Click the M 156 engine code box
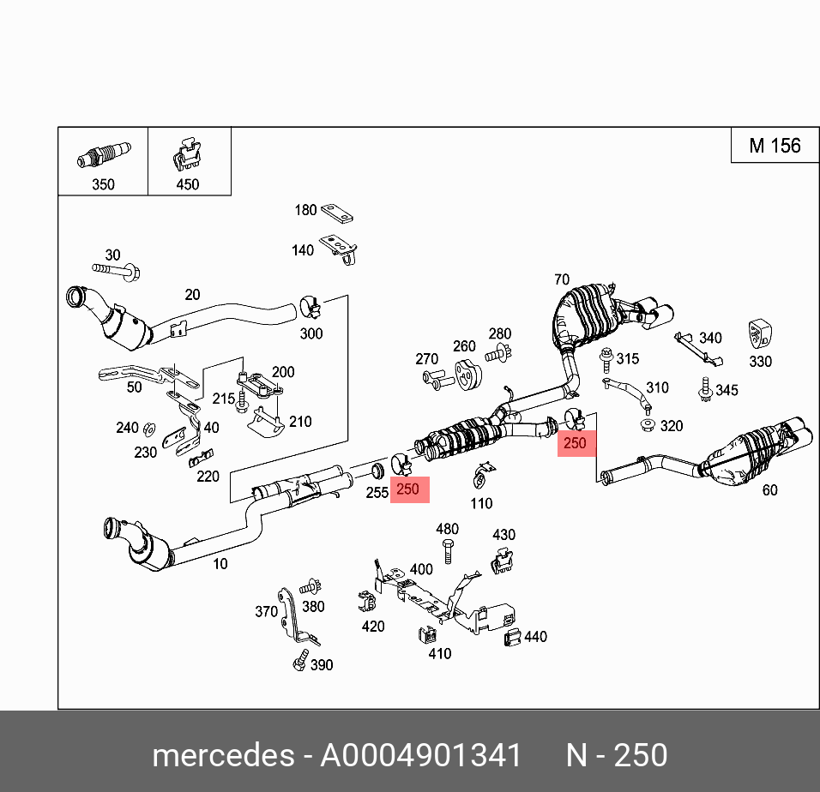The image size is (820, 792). pyautogui.click(x=774, y=146)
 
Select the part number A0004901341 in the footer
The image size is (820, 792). pyautogui.click(x=420, y=756)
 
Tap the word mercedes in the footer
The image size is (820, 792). pyautogui.click(x=222, y=756)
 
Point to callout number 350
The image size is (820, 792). pyautogui.click(x=103, y=184)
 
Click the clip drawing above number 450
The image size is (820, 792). pyautogui.click(x=188, y=155)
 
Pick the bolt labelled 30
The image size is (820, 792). pyautogui.click(x=116, y=272)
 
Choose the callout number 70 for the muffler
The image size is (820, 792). pyautogui.click(x=561, y=279)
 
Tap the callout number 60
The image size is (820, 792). pyautogui.click(x=769, y=490)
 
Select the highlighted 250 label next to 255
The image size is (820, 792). pyautogui.click(x=408, y=489)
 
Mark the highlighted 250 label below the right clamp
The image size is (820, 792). pyautogui.click(x=575, y=443)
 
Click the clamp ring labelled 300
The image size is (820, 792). pyautogui.click(x=310, y=304)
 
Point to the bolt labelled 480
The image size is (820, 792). pyautogui.click(x=447, y=550)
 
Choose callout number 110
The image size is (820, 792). pyautogui.click(x=481, y=504)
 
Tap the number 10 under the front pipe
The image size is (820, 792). pyautogui.click(x=220, y=563)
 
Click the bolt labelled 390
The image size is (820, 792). pyautogui.click(x=299, y=663)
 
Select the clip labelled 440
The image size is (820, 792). pyautogui.click(x=513, y=636)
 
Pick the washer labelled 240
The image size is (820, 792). pyautogui.click(x=148, y=427)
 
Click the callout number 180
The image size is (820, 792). pyautogui.click(x=306, y=210)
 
